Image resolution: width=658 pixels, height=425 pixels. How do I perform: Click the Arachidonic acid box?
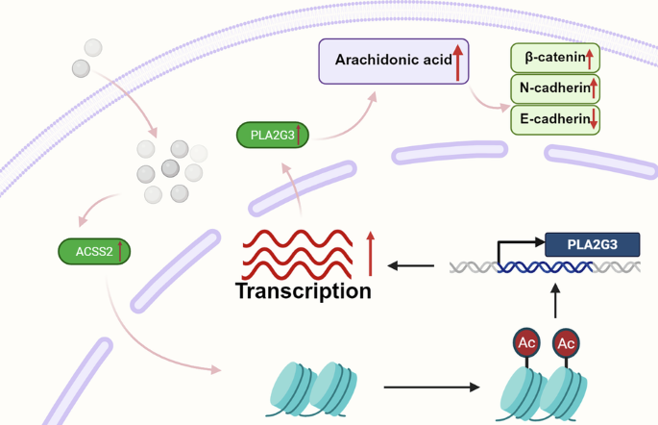[x=392, y=61]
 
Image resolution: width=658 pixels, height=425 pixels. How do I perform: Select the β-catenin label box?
[x=554, y=59]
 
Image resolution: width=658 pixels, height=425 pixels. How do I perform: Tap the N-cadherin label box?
[x=554, y=89]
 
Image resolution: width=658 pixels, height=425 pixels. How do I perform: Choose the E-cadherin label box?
[x=554, y=119]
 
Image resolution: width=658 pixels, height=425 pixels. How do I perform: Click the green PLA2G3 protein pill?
[x=273, y=135]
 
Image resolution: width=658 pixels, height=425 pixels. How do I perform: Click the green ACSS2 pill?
[x=94, y=252]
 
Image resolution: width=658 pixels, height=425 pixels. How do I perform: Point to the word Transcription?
[x=303, y=290]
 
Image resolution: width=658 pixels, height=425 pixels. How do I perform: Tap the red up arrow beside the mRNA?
[x=371, y=253]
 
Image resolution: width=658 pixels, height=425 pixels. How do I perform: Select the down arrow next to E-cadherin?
[x=594, y=119]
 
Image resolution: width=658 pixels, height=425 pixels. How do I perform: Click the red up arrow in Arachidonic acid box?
[x=458, y=62]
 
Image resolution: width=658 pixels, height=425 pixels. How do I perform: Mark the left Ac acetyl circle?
[x=526, y=342]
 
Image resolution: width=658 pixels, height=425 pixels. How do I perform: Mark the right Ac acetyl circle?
[x=566, y=342]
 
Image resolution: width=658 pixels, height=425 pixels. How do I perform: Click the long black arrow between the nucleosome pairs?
[x=430, y=387]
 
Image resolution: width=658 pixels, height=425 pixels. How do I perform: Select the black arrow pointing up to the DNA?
[x=555, y=300]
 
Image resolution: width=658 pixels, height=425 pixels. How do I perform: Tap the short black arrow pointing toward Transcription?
[x=414, y=266]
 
